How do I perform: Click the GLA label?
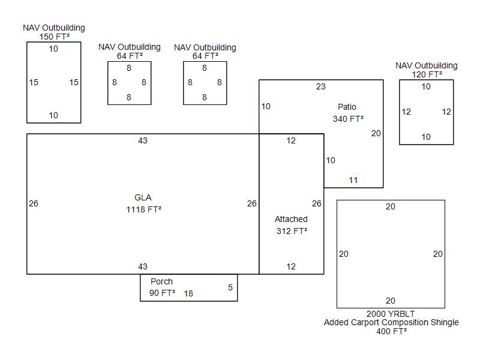(x=143, y=197)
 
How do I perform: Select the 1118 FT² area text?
(x=143, y=209)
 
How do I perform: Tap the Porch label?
(x=161, y=281)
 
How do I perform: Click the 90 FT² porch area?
(x=162, y=293)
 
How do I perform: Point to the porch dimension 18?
(x=188, y=293)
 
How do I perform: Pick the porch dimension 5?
(x=230, y=287)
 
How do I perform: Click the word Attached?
(x=291, y=219)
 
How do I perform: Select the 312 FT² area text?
(x=292, y=231)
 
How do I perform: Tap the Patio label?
(x=347, y=107)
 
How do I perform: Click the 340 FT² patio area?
(x=348, y=119)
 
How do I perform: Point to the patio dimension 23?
(x=321, y=86)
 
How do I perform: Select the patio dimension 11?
(x=353, y=180)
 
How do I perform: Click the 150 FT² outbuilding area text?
(x=54, y=37)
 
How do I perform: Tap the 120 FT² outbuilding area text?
(x=427, y=74)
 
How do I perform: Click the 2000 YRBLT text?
(x=391, y=314)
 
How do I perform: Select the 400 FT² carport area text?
(x=391, y=331)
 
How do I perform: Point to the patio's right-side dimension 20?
(x=376, y=133)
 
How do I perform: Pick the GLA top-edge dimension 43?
(x=143, y=140)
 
